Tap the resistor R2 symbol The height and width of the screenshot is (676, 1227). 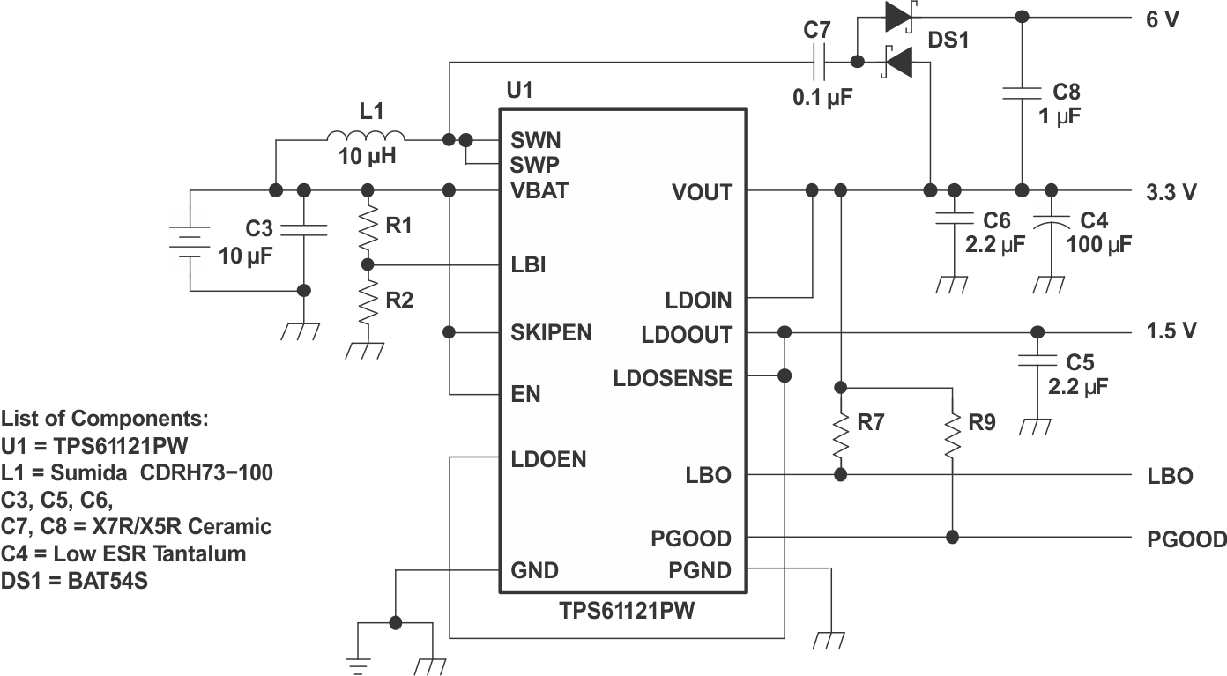coord(368,304)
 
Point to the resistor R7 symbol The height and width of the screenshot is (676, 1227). coord(841,431)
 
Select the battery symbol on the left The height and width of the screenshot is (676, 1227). coord(189,240)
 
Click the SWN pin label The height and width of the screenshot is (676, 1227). coord(535,140)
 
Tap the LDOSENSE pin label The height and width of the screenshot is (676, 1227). coord(673,378)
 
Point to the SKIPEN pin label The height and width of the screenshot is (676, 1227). coord(551,333)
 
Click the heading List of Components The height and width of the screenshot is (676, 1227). coord(105,418)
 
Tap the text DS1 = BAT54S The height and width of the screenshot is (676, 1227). coord(75,581)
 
